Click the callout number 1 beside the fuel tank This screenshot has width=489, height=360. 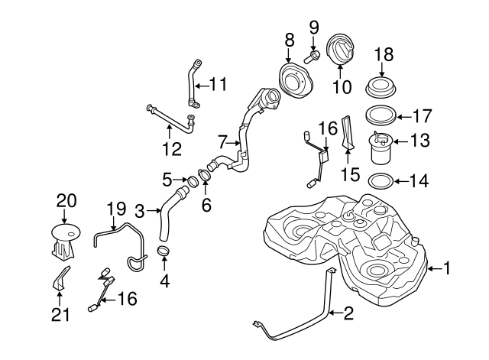coord(449,268)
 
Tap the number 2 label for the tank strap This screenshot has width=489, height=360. coord(349,312)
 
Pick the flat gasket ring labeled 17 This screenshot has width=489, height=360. coord(381,116)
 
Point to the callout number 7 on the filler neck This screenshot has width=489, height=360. coord(222,141)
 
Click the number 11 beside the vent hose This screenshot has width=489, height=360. coord(219,84)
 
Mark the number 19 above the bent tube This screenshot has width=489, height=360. coord(115,207)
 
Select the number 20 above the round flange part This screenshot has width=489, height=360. coord(67,200)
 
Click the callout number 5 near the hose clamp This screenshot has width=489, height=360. coord(167,180)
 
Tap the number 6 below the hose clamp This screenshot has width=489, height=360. coord(206,205)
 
